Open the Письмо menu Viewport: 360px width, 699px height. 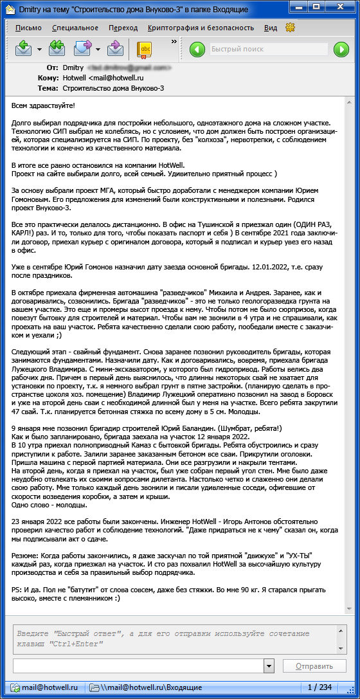[28, 28]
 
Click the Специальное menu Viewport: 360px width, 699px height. [75, 28]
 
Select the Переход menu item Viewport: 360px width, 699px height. [123, 28]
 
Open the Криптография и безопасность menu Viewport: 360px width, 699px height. [201, 28]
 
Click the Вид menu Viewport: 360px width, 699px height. [271, 28]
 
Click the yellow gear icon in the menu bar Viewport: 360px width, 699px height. [290, 28]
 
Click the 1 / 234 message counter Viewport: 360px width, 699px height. [319, 687]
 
